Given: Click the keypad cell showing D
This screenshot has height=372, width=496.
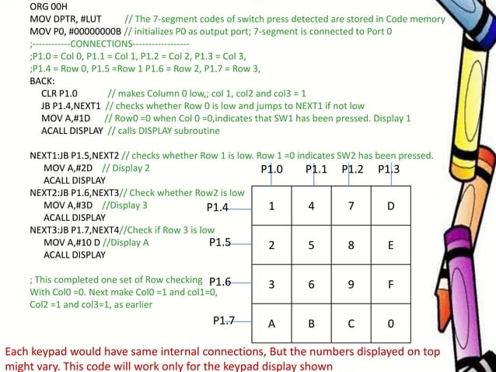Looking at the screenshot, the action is [391, 207].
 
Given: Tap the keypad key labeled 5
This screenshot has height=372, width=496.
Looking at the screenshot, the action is [311, 246].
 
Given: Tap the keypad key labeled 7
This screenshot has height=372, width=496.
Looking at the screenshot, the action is [351, 207].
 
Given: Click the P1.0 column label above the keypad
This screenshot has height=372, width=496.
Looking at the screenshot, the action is [272, 169].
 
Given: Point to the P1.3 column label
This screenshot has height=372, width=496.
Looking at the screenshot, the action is [389, 169].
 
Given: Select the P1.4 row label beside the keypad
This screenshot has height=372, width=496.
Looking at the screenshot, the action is [217, 208].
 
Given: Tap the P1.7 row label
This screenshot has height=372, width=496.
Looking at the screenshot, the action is [224, 319].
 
